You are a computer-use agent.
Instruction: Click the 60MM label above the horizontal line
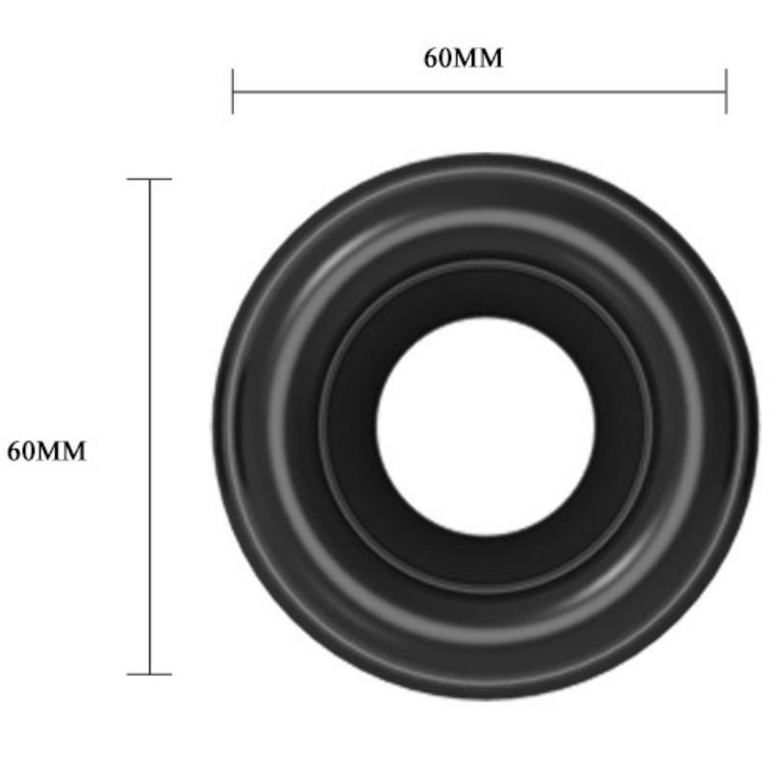464,58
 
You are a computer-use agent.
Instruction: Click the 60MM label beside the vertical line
46,450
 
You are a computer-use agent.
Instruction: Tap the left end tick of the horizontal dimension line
232,93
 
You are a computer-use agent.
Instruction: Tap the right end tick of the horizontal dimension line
726,93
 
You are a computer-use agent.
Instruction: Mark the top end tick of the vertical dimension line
149,179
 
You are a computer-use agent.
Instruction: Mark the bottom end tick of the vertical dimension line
149,674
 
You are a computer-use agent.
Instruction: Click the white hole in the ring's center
486,425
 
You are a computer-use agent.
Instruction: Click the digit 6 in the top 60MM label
430,58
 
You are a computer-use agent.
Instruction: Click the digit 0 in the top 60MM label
443,58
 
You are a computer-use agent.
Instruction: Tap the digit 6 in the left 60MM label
13,450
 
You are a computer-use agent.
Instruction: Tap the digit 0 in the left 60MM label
27,450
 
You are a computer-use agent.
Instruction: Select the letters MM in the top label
477,58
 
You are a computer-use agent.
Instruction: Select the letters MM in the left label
61,450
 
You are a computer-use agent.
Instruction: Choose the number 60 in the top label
437,58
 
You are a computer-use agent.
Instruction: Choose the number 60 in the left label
20,450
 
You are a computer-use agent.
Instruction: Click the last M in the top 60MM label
491,58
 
